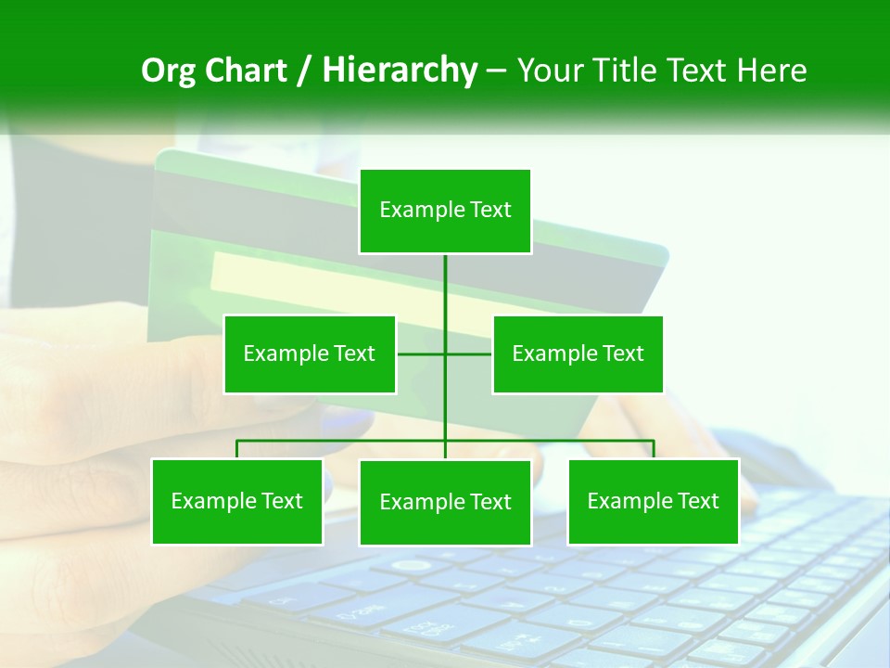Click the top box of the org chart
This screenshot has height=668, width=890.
(445, 211)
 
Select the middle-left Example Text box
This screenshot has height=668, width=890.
(310, 353)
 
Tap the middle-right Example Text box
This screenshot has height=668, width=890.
(578, 353)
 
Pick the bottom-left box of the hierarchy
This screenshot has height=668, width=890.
(237, 501)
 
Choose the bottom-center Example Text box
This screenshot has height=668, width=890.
(445, 502)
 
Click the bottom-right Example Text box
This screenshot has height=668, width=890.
(653, 501)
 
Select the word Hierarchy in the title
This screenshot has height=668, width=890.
(399, 71)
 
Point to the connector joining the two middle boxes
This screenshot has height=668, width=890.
(422, 353)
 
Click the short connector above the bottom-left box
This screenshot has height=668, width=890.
(237, 449)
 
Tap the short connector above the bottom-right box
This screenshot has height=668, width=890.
(653, 449)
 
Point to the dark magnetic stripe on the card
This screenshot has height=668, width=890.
(278, 200)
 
